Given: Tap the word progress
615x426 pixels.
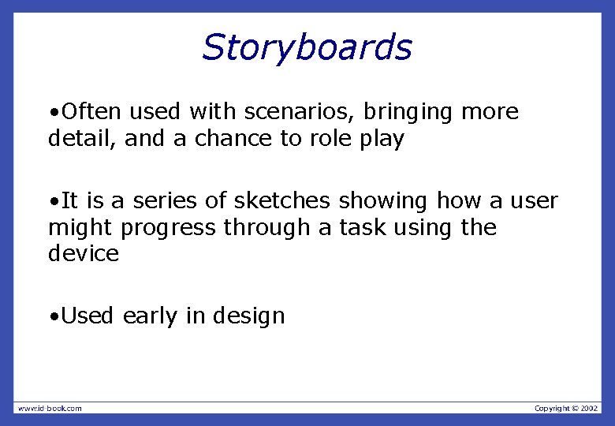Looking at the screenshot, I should click(168, 229).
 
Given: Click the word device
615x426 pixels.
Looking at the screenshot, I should click(83, 254).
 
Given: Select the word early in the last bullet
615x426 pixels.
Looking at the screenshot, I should click(151, 316).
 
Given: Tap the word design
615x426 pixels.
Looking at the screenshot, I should click(248, 317).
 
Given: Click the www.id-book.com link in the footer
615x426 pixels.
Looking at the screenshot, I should click(50, 408).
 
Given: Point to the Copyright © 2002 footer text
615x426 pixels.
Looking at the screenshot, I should click(566, 408).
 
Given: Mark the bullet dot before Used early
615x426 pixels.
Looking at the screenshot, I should click(52, 317).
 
